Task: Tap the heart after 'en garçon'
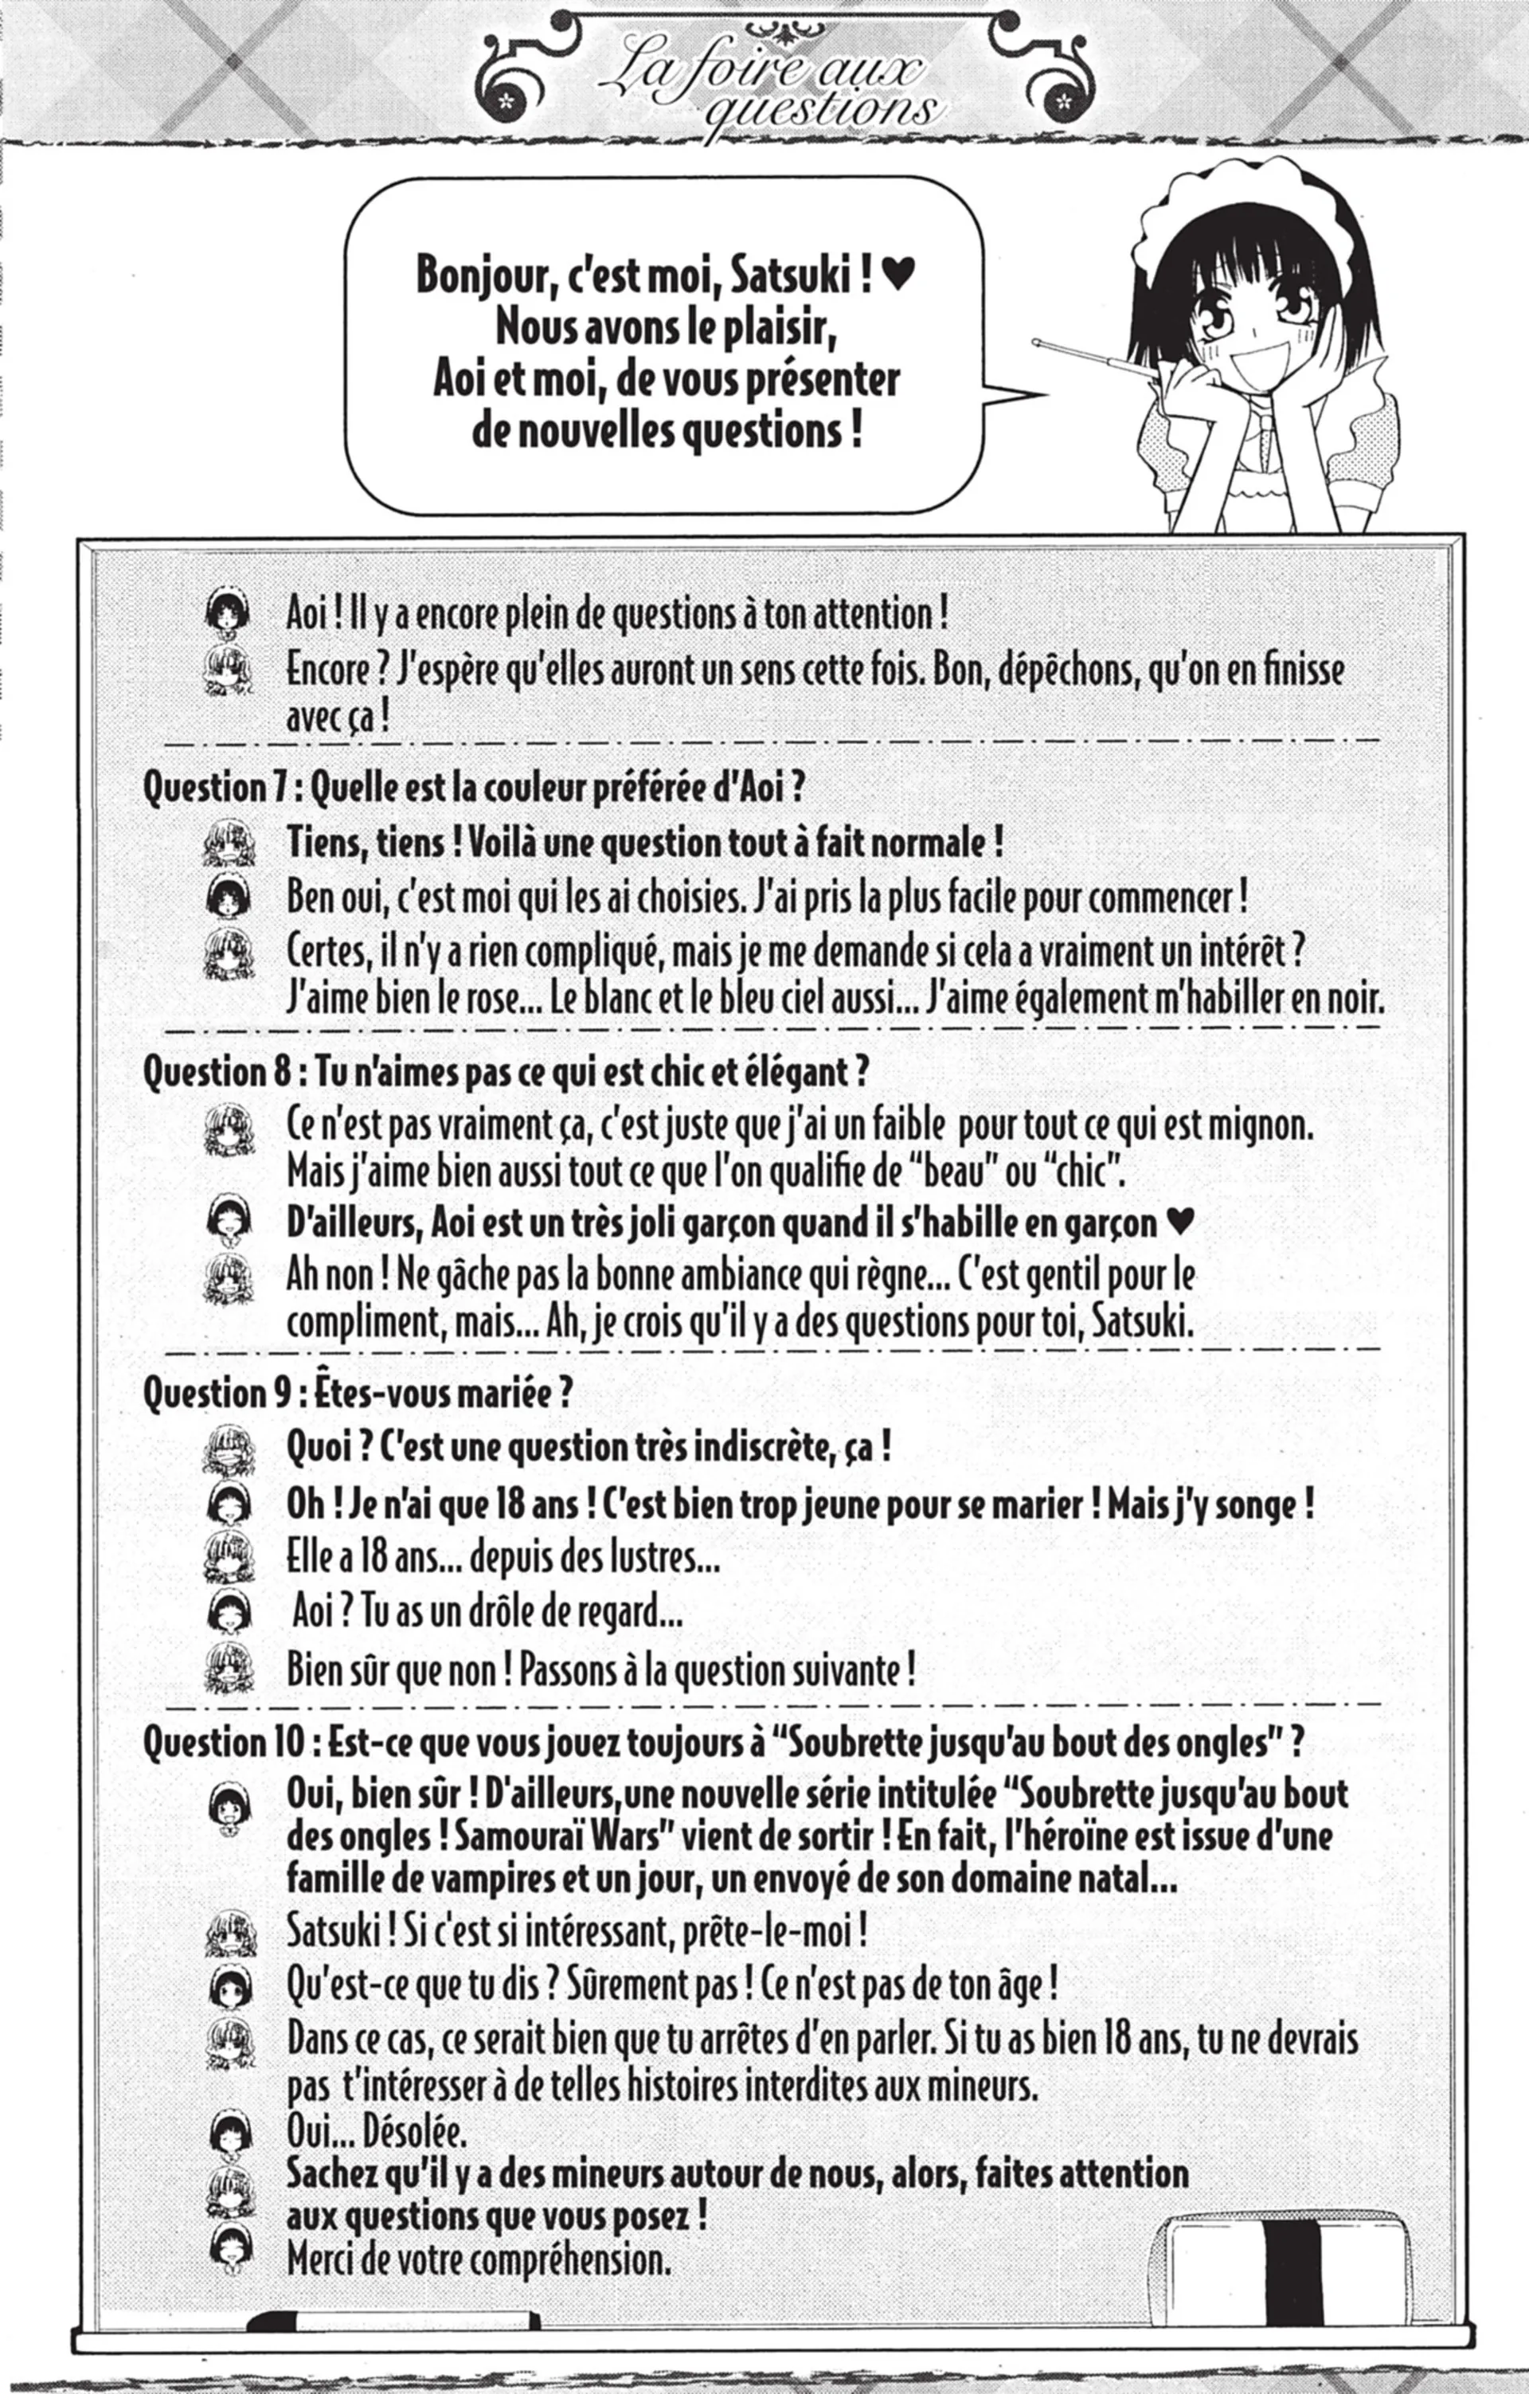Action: click(x=1178, y=1222)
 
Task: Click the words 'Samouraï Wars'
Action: click(x=548, y=1837)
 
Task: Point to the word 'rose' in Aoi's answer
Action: click(x=491, y=997)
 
